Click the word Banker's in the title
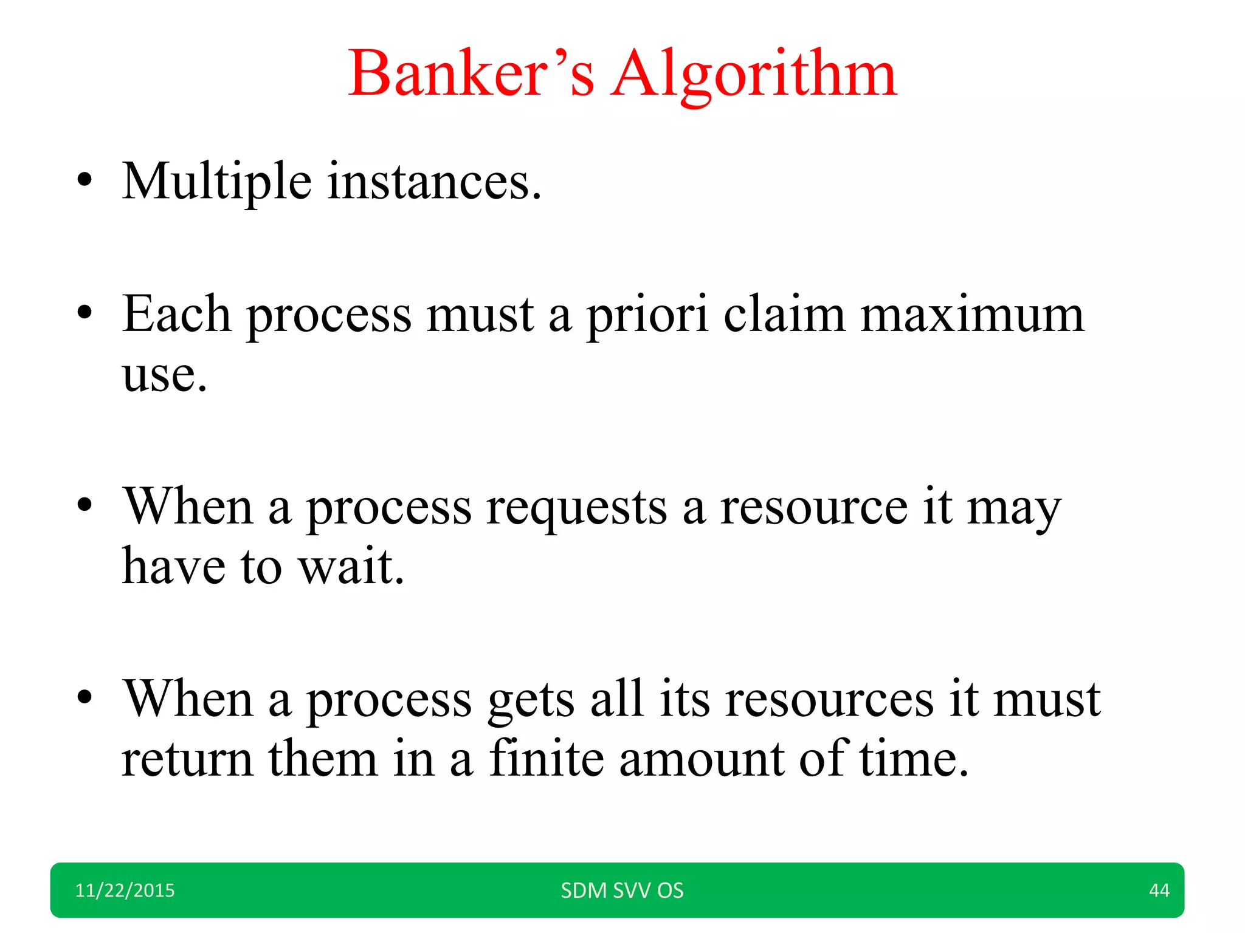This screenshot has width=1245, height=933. tap(471, 74)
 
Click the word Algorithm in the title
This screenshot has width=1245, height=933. tap(754, 74)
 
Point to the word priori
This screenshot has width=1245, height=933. tap(647, 316)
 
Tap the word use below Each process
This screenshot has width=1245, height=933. tap(164, 375)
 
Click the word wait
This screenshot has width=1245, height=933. tap(351, 566)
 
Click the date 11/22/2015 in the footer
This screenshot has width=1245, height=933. tap(125, 890)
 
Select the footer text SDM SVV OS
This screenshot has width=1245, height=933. tap(622, 890)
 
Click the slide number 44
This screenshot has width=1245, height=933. tap(1159, 890)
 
